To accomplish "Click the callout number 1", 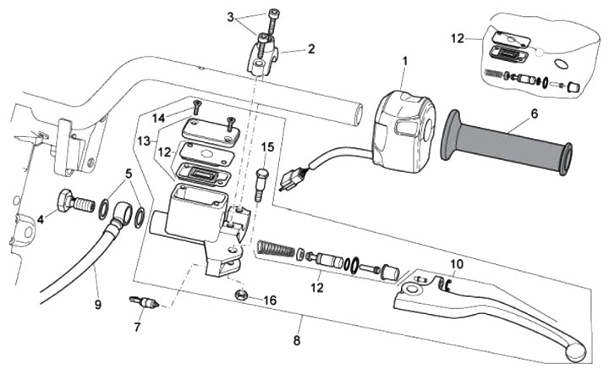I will (404, 61).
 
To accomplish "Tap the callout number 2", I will (310, 49).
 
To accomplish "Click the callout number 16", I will (270, 300).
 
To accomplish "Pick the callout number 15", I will (267, 147).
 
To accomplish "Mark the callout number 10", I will (456, 264).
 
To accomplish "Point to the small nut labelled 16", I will (242, 295).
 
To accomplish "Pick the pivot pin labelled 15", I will (261, 182).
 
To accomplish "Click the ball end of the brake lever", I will (574, 347).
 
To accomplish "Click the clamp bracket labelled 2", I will (261, 58).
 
